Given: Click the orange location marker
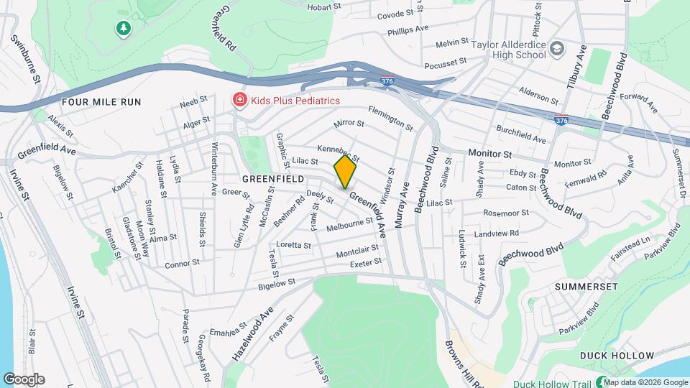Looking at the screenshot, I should (346, 172).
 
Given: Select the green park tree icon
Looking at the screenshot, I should (124, 28).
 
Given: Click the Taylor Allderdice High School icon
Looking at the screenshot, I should (557, 50).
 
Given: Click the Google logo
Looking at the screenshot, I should (24, 379).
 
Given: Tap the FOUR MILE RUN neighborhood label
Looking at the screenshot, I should (101, 102).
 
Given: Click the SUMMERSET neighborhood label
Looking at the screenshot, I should (586, 286).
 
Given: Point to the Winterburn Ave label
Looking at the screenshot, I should (214, 174).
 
